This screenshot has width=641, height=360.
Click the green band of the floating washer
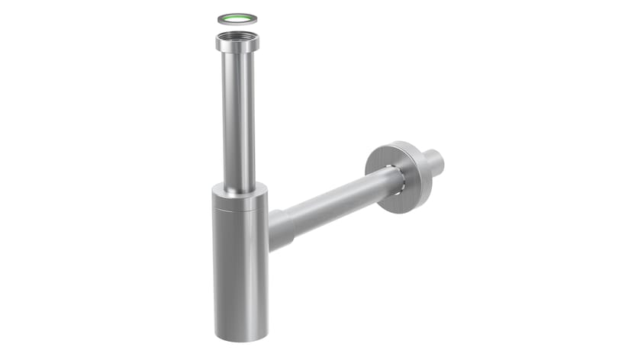(228, 18)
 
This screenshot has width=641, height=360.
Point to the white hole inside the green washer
(237, 18)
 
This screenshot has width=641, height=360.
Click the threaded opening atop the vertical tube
(237, 37)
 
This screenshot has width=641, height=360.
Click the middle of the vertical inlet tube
(239, 114)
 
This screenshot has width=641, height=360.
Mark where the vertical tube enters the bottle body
(240, 187)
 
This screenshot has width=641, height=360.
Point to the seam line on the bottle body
(239, 208)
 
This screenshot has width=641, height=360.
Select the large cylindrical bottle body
(240, 267)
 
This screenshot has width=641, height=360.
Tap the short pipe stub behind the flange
(431, 162)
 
